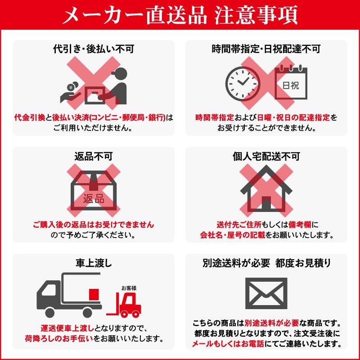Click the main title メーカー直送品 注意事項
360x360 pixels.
[x=180, y=15]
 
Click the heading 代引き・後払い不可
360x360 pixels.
[x=94, y=49]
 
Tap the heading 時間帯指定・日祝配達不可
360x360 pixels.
[x=266, y=49]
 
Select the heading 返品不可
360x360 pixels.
[x=94, y=156]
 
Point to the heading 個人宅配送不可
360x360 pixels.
[x=266, y=156]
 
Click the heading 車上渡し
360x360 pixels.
[x=94, y=263]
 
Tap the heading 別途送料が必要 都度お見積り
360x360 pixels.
[x=266, y=263]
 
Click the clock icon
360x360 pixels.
[x=243, y=84]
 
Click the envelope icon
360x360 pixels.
[x=266, y=293]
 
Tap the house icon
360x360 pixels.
[x=266, y=188]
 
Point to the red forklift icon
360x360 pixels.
[x=124, y=305]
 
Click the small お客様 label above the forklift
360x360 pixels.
[x=129, y=288]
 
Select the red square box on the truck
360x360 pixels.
[x=94, y=295]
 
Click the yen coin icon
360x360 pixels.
[x=71, y=87]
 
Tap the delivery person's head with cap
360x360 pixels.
[x=119, y=74]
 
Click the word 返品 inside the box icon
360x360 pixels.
[x=94, y=198]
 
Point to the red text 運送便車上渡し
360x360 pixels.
[x=67, y=328]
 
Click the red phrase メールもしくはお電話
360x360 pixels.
[x=228, y=344]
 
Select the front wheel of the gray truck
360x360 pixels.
[x=50, y=313]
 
